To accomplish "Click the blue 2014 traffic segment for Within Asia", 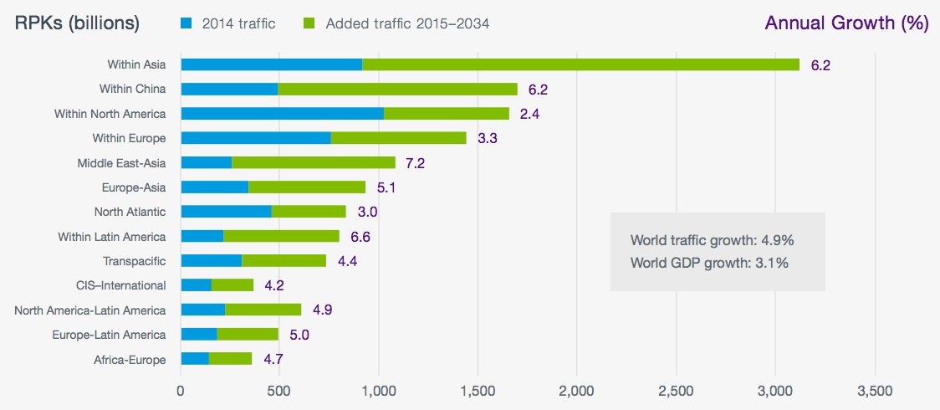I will [x=271, y=64].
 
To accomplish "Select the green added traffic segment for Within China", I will [x=397, y=89].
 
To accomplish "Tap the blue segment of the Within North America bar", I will [x=282, y=113].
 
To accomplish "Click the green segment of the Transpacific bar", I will [x=284, y=260].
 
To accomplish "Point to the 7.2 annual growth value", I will [x=415, y=163].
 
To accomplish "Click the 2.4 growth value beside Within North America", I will [x=530, y=114].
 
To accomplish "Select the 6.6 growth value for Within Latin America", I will [x=360, y=237].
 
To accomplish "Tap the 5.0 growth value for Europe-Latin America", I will [x=299, y=335].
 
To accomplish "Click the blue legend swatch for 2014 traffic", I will [x=186, y=23].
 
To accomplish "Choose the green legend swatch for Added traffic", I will [x=309, y=23].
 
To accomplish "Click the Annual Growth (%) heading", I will [x=846, y=23].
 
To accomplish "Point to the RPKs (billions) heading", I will [x=77, y=23].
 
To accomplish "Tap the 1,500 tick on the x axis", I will [x=478, y=390].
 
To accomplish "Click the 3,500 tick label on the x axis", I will [x=874, y=390].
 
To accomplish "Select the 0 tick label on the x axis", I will [x=181, y=390].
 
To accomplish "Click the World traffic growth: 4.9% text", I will [x=712, y=240].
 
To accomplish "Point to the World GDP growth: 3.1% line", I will [x=709, y=264].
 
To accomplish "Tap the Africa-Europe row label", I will [x=130, y=360].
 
